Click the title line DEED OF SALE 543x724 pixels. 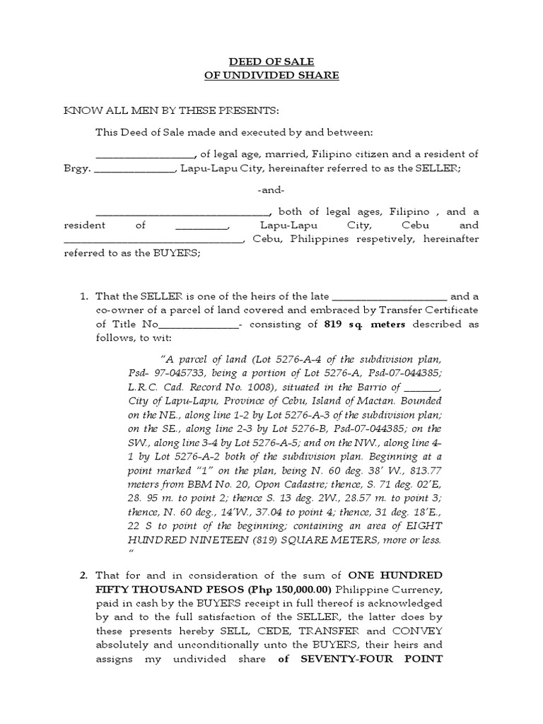click(271, 62)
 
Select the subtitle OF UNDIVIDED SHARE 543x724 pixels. click(271, 76)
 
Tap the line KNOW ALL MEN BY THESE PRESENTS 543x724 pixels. click(171, 112)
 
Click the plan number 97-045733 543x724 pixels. click(177, 373)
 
